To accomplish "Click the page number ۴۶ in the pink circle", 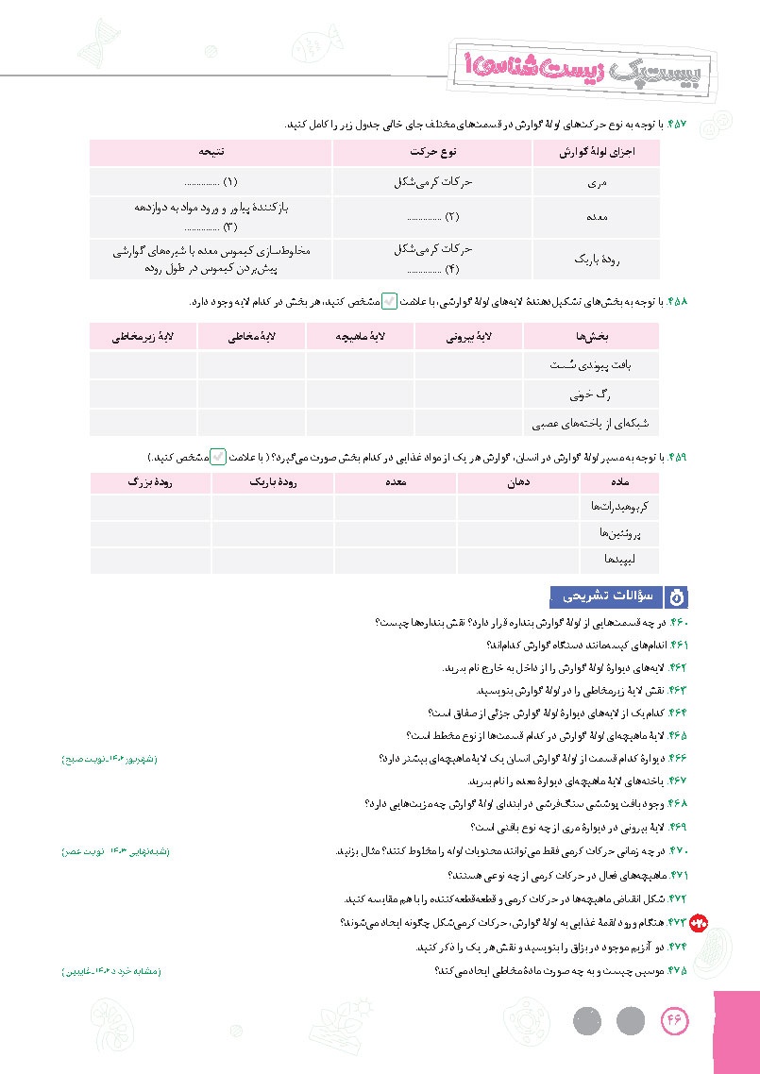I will pyautogui.click(x=676, y=1021).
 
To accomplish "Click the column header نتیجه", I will pyautogui.click(x=211, y=152).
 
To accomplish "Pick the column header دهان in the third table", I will pyautogui.click(x=518, y=482).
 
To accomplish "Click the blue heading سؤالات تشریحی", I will pyautogui.click(x=607, y=596).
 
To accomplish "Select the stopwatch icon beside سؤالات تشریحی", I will pyautogui.click(x=678, y=596).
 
